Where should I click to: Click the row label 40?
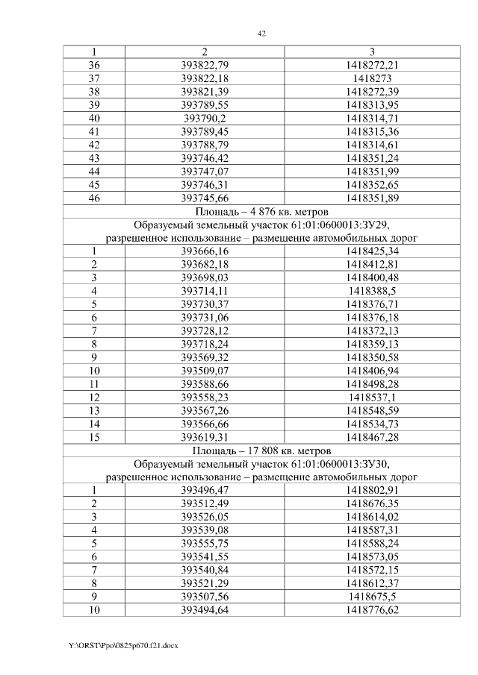94,118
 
